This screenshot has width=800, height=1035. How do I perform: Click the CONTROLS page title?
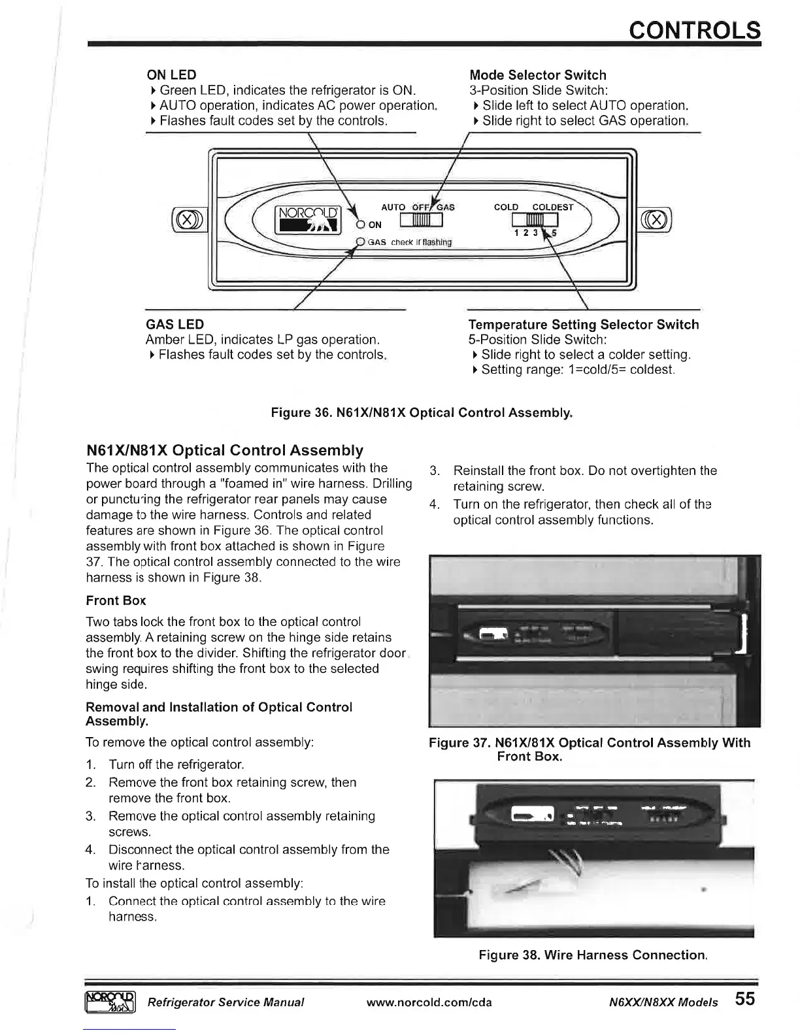click(x=694, y=30)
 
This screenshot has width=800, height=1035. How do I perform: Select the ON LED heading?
click(x=171, y=75)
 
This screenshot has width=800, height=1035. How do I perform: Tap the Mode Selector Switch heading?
click(x=538, y=75)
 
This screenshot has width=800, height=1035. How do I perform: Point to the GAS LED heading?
click(x=175, y=324)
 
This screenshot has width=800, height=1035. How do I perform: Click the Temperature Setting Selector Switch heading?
click(x=584, y=325)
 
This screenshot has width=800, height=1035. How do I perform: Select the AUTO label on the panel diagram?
click(x=393, y=207)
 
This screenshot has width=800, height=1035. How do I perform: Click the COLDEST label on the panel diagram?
click(x=552, y=207)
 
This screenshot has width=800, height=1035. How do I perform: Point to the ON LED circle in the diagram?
click(x=360, y=225)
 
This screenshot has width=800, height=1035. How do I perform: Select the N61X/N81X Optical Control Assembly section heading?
click(x=225, y=450)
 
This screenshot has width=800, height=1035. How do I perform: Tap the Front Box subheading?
click(x=116, y=600)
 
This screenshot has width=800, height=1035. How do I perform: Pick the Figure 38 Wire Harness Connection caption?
click(x=593, y=955)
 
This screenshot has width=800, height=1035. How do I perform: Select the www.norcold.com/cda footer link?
click(x=429, y=1002)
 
